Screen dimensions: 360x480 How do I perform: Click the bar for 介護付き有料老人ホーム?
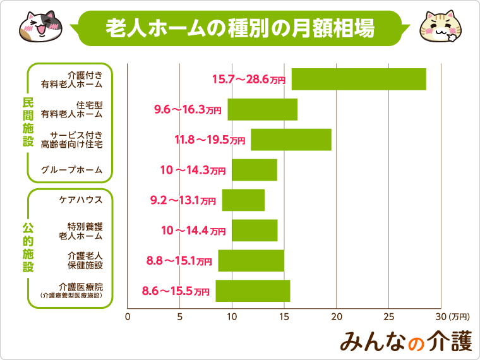click(358, 80)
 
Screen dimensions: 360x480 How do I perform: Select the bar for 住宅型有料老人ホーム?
click(262, 110)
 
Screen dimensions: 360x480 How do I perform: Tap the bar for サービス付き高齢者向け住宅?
click(291, 140)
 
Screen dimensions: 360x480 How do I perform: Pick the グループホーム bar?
click(254, 170)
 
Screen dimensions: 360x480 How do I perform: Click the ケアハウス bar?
click(243, 200)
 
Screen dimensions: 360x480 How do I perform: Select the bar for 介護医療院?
click(253, 291)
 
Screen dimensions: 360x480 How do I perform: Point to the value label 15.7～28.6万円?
click(248, 80)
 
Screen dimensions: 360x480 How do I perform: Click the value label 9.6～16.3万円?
click(188, 110)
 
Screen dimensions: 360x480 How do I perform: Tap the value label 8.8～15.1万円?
click(179, 261)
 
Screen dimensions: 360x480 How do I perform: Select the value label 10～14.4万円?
click(193, 231)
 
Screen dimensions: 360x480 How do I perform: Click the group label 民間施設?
click(27, 123)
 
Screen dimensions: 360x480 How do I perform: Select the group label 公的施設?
click(27, 247)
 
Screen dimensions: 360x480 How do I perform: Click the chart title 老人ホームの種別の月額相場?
click(239, 28)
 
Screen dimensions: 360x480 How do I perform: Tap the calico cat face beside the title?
click(36, 25)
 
